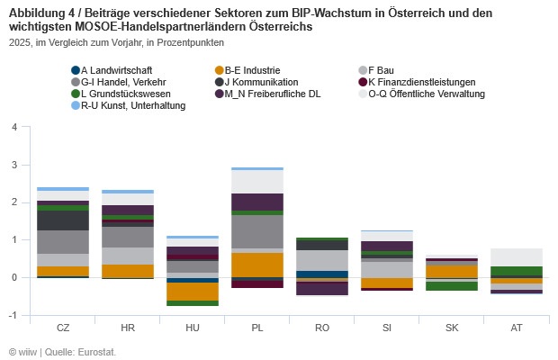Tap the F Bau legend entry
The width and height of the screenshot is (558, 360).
387,69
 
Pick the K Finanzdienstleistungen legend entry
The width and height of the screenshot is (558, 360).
419,82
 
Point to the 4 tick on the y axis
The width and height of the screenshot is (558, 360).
13,127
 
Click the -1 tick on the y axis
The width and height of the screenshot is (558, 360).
12,315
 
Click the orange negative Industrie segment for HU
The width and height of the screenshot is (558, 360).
192,292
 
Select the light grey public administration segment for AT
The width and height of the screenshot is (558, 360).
516,257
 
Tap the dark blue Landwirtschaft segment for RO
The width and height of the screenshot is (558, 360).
321,274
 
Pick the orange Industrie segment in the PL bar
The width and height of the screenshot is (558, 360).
256,265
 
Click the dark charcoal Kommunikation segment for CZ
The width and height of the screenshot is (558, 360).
62,220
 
